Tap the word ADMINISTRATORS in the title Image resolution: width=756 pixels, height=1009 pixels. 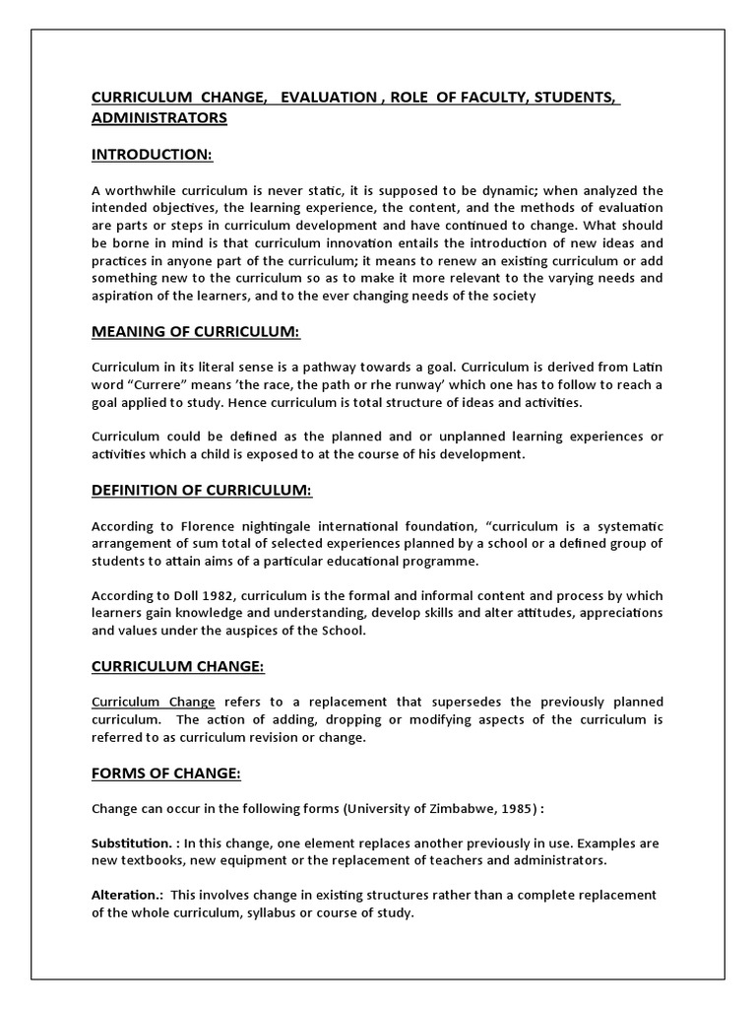point(158,117)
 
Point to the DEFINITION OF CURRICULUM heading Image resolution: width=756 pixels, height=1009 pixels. point(201,490)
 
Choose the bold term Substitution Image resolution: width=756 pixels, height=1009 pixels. point(130,843)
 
